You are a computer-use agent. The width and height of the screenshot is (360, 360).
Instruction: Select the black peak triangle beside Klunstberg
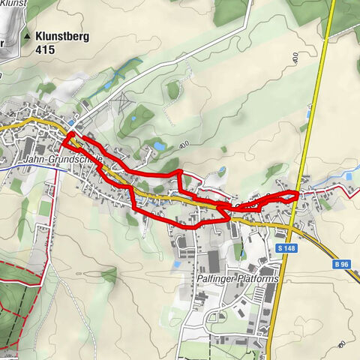[28, 35]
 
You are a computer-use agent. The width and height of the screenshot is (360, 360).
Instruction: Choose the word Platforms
[259, 279]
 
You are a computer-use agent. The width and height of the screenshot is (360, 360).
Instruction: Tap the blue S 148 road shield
[284, 248]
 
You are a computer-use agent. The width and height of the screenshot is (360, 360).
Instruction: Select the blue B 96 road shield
[341, 264]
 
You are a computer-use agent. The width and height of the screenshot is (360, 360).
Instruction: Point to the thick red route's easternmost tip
[298, 195]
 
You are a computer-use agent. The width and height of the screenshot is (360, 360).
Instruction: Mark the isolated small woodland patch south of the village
[109, 275]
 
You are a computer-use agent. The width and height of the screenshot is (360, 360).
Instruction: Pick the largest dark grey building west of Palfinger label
[213, 261]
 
